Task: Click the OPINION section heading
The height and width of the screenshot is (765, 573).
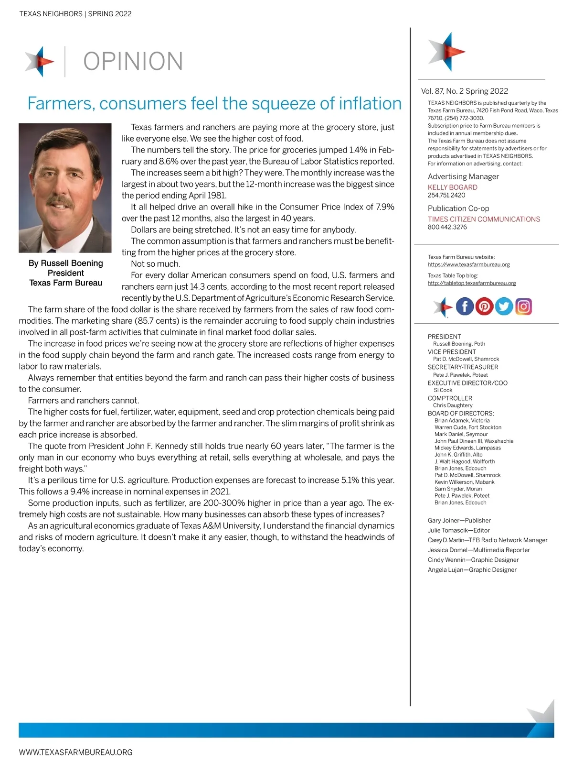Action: pos(133,62)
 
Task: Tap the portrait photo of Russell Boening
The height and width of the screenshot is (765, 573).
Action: pos(65,188)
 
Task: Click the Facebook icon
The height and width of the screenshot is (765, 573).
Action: pos(465,306)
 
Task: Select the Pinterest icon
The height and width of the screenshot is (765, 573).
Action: pos(484,306)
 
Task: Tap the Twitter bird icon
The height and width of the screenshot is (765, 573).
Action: pos(504,306)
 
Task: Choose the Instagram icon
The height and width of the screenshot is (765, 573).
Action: pos(523,306)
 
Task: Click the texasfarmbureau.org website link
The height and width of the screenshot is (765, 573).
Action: pos(468,264)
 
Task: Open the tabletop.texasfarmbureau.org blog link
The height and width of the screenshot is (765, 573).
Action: pos(472,283)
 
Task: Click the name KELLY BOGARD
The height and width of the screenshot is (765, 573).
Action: pos(452,187)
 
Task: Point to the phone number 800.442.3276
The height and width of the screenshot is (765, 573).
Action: pos(447,227)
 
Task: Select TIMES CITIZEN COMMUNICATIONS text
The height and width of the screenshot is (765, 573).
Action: pos(484,219)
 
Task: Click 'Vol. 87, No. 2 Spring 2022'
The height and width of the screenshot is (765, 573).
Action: pos(464,91)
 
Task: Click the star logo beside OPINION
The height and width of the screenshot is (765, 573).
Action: pos(40,61)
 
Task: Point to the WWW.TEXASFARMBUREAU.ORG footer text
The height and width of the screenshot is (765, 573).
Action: pos(75,752)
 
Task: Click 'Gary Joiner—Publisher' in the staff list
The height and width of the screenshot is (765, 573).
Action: pos(459,520)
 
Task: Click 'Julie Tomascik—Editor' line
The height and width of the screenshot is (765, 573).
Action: pos(458,530)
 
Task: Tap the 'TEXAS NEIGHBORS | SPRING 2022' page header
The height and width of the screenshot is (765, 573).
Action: pos(75,14)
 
